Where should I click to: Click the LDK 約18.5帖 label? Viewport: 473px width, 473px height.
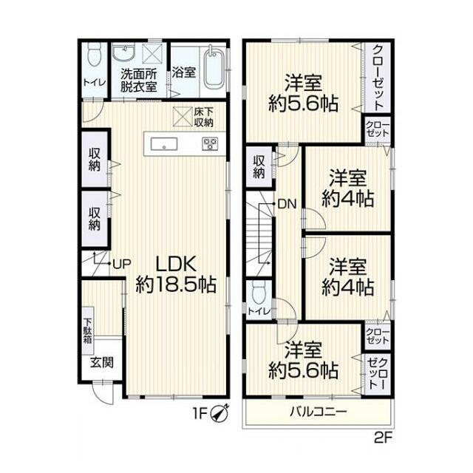[x=176, y=274]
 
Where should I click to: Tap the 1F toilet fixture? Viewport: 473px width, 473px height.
[x=95, y=54]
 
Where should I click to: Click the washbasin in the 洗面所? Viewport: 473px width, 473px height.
[x=123, y=52]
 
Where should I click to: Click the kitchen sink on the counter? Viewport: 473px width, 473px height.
[x=164, y=144]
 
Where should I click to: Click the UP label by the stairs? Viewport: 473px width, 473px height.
[x=122, y=264]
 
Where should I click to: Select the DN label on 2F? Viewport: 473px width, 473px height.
[x=287, y=204]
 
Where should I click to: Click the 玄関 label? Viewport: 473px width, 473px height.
[x=102, y=362]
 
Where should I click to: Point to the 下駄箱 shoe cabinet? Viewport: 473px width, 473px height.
[x=88, y=330]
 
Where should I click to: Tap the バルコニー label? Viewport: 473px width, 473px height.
[x=319, y=412]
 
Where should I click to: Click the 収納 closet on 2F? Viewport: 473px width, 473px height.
[x=259, y=167]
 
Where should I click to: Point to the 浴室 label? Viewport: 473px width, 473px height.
[x=184, y=72]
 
